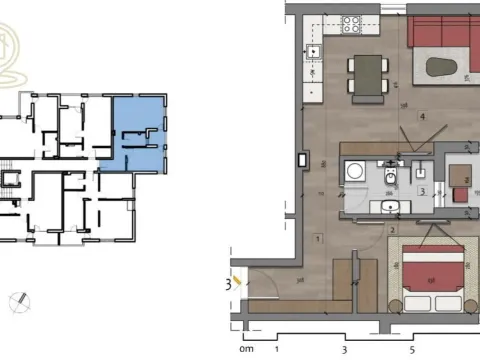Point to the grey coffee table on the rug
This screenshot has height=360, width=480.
click(x=445, y=70)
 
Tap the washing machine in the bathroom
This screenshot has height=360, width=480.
click(x=353, y=172)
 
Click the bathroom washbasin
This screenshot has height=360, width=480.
click(x=391, y=207)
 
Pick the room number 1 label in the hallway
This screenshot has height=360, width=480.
click(x=316, y=238)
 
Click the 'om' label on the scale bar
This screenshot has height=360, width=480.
click(x=246, y=350)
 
